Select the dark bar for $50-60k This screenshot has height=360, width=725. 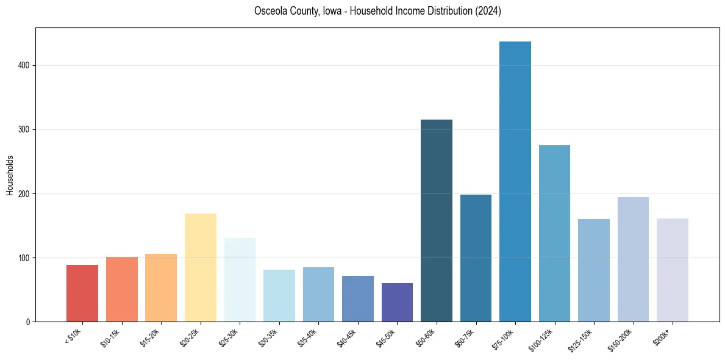click(x=437, y=220)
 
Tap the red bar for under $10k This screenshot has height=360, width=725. click(x=82, y=293)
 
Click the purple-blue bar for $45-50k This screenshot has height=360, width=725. click(x=397, y=302)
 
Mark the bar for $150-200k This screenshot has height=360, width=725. click(x=633, y=259)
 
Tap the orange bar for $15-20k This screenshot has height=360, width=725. click(x=161, y=287)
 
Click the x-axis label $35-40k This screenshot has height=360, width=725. click(x=308, y=337)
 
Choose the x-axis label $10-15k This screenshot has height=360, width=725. click(x=111, y=337)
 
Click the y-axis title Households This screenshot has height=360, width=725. click(x=10, y=175)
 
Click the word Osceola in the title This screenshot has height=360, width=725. click(x=270, y=11)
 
